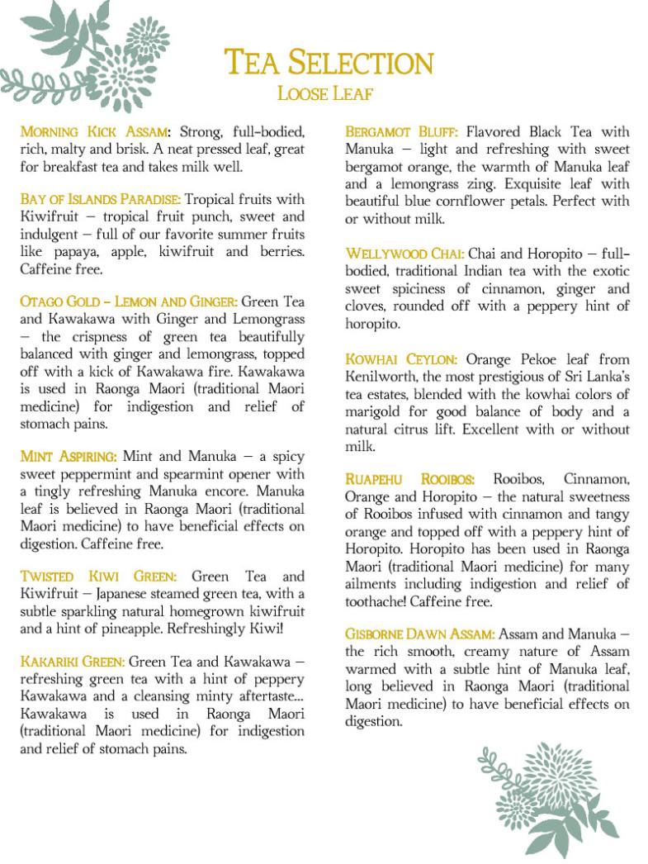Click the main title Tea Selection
pos(329,64)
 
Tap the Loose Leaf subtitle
pos(325,93)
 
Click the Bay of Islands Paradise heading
pos(100,200)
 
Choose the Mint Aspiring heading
pos(69,457)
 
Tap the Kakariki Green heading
pos(73,662)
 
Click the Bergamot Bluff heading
pos(402,132)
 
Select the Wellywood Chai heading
pos(404,254)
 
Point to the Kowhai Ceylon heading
pos(401,360)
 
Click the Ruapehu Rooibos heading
pos(409,480)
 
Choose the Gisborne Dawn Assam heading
pos(420,634)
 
